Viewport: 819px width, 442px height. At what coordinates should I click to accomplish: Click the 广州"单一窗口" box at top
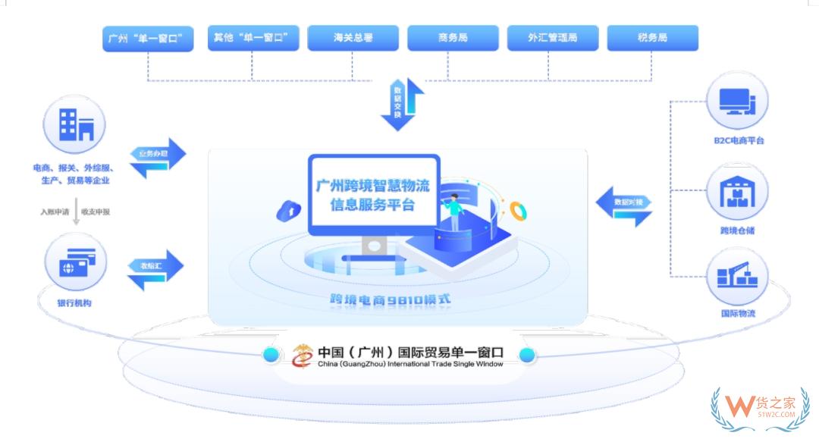coord(147,38)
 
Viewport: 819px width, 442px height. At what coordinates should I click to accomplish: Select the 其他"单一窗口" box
coord(253,38)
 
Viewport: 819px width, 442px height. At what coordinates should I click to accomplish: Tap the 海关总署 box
coord(353,38)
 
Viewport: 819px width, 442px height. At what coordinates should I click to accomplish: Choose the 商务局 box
coord(453,38)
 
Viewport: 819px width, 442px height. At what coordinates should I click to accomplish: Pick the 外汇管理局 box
coord(553,38)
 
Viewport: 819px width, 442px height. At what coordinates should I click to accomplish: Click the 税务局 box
coord(653,38)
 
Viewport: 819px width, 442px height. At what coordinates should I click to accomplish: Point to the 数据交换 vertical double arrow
coord(402,104)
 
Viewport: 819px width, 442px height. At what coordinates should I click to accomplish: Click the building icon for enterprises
coord(75,126)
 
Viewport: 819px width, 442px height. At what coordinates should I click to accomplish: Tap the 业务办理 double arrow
coord(156,158)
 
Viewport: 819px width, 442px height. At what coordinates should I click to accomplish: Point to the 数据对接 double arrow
coord(624,207)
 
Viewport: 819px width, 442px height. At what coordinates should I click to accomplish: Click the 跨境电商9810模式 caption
coord(390,299)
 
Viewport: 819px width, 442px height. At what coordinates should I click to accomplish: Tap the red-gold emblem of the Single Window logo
coord(303,355)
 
